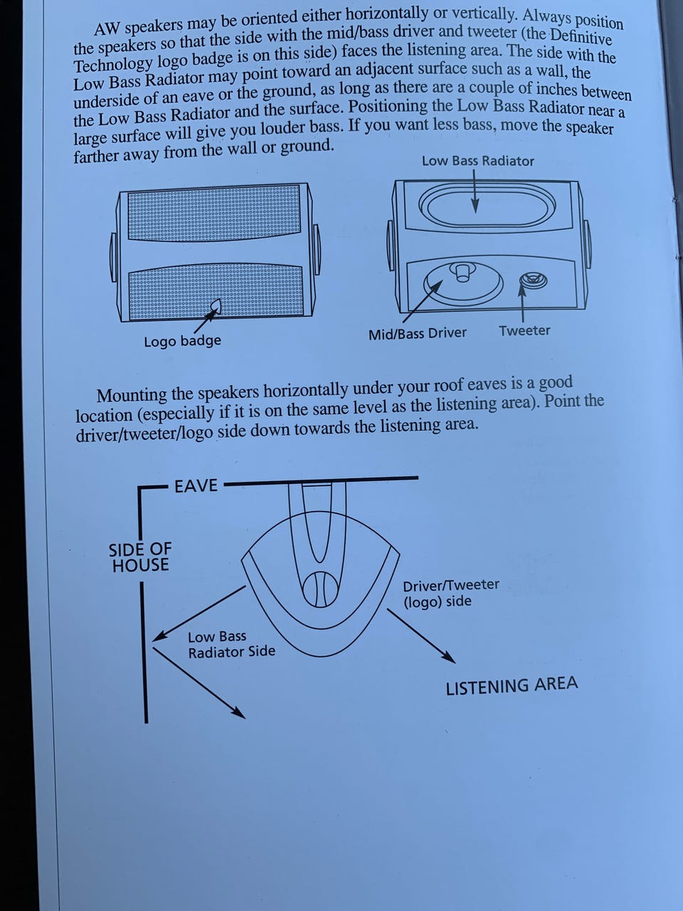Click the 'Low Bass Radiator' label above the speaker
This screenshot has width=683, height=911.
point(477,161)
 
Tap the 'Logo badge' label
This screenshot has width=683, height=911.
point(182,341)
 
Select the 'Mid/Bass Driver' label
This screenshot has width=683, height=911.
point(418,334)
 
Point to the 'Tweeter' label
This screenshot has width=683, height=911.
point(524,331)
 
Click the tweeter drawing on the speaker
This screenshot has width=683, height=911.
point(534,280)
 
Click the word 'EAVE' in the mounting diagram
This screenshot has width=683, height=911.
point(196,485)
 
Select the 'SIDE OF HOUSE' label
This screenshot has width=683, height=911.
point(140,557)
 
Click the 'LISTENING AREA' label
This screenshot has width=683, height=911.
point(512,685)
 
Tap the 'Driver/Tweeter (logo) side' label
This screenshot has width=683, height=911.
point(451,593)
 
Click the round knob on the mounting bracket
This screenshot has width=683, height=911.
point(320,589)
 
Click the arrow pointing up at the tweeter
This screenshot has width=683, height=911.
point(522,302)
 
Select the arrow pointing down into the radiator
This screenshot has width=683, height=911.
point(475,191)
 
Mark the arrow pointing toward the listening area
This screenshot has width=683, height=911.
point(421,636)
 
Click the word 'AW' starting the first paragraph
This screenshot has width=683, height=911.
point(107,29)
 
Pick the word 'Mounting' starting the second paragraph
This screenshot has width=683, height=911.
point(132,395)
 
